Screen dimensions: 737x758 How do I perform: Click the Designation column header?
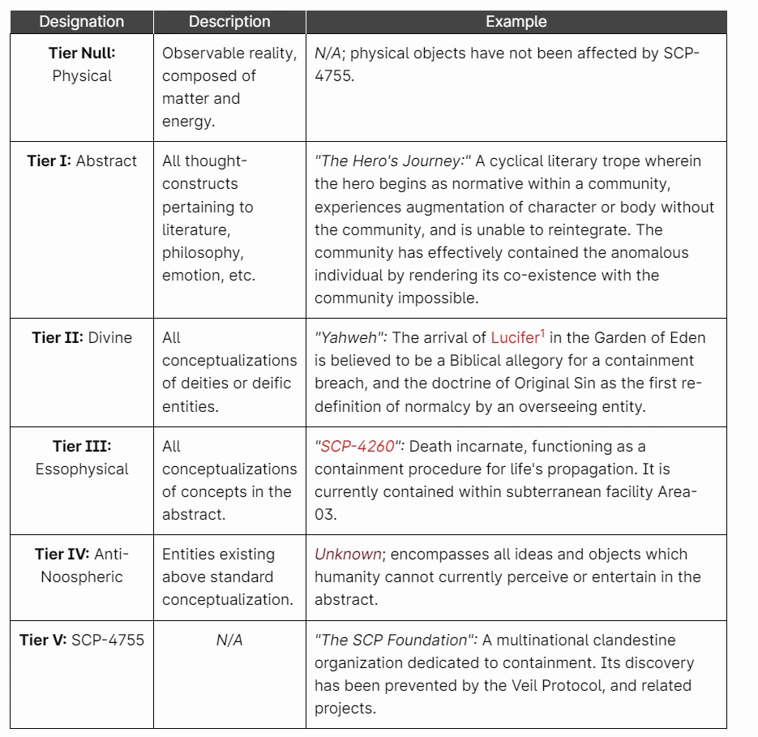(81, 22)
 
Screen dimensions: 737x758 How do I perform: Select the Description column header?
(229, 22)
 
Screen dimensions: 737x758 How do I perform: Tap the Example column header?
(516, 22)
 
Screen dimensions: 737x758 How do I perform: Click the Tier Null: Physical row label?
(81, 65)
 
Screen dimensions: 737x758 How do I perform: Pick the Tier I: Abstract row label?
(82, 161)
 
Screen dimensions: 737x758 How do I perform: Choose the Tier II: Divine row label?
(82, 337)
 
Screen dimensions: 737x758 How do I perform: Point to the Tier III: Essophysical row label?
(82, 457)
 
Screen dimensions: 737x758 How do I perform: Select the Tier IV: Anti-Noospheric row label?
(82, 565)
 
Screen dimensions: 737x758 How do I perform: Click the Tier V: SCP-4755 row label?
(82, 640)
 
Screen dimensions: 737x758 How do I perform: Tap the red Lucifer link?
(514, 338)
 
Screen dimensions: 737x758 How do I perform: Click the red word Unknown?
(348, 555)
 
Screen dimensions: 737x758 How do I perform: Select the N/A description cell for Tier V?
(229, 641)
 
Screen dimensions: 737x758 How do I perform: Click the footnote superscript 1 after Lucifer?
(542, 332)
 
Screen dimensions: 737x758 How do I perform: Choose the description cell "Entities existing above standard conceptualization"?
(229, 576)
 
